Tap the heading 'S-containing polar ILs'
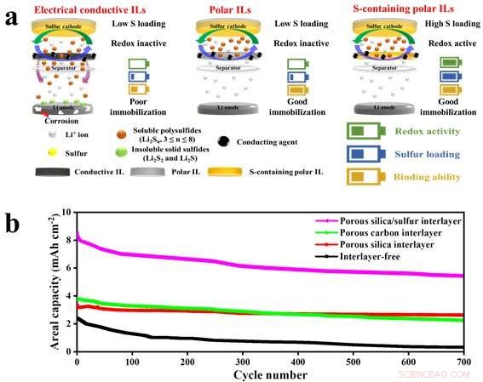400,8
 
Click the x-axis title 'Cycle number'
270,374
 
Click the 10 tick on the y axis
66,213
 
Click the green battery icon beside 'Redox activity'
360,131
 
